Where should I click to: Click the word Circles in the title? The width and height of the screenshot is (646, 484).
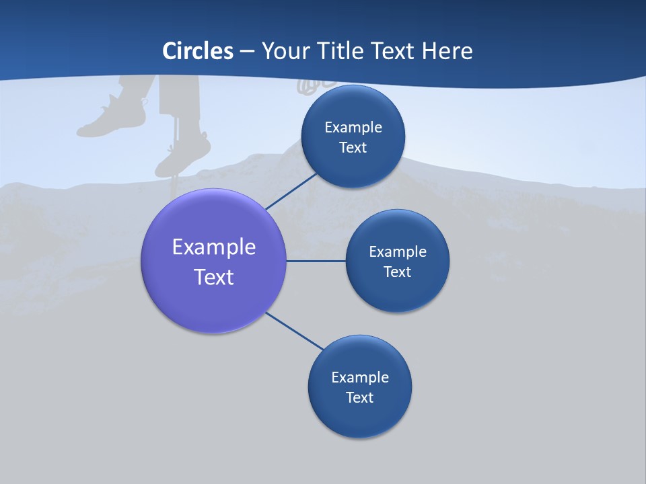197,51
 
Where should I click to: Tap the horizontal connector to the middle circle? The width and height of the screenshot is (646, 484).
316,261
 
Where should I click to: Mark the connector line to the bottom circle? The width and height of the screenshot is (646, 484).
293,331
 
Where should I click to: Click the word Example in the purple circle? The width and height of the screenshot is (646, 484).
214,247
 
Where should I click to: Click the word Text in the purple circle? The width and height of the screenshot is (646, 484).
214,277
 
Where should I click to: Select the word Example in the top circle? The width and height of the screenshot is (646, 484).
353,127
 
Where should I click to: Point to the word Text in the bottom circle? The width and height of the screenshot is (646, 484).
359,397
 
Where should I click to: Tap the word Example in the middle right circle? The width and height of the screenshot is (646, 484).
398,251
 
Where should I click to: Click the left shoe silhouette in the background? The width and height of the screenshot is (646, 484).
111,118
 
